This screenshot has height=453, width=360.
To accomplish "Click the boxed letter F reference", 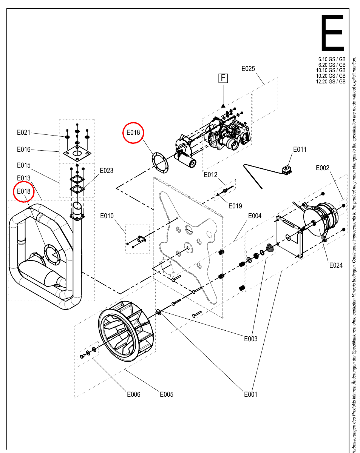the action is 223,78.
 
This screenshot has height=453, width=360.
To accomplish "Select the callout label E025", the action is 248,69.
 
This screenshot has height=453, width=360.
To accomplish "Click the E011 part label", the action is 300,149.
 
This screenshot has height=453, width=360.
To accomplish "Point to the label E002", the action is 322,168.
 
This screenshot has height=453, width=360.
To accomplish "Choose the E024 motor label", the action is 336,265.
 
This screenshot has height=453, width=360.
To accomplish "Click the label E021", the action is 23,133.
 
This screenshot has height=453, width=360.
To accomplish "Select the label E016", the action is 23,149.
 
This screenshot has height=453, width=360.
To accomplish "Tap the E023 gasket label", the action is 107,171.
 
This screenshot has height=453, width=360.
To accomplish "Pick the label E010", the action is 107,216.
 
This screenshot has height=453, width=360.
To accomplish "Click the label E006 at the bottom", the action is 134,394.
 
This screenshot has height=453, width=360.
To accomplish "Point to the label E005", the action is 167,394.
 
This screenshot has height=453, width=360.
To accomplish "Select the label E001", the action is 250,394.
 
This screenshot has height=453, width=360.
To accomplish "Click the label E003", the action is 251,339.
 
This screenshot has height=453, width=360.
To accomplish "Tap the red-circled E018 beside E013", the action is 23,191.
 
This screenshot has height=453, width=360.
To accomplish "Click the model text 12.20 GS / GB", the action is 331,82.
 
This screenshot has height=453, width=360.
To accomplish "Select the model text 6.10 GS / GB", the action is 332,59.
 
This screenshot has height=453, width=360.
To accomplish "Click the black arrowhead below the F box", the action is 223,105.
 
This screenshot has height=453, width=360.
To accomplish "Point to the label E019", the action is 235,206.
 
